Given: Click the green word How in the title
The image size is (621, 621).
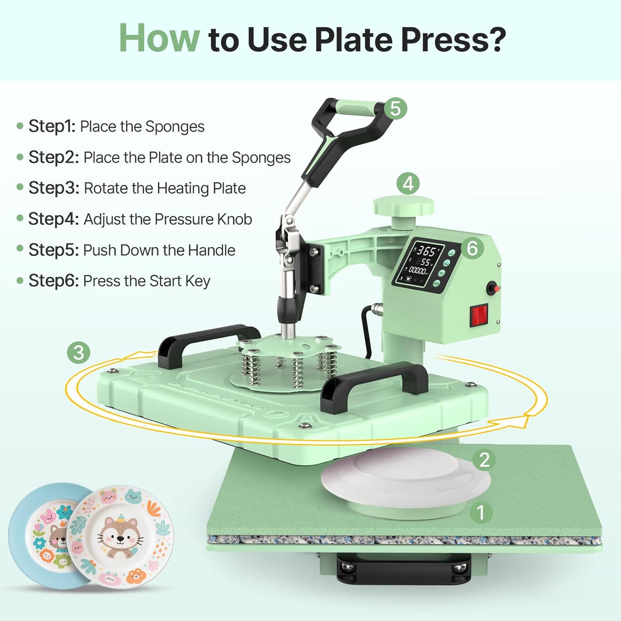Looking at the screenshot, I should [159, 39].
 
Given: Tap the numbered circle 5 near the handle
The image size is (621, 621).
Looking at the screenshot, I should [395, 108].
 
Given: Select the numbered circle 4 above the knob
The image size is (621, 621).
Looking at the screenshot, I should [408, 184].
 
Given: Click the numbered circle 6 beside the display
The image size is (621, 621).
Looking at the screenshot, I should [472, 248].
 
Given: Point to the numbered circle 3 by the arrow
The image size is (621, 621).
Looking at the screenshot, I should [79, 353].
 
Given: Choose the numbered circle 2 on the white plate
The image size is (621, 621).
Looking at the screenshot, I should [484, 460].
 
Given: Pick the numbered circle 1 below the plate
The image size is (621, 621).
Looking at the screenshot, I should [481, 513].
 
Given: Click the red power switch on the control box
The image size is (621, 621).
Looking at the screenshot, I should [479, 315].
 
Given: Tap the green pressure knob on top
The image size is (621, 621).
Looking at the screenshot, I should [404, 206].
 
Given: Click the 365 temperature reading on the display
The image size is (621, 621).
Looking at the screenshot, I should [426, 251].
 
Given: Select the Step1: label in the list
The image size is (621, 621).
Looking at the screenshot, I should [52, 126].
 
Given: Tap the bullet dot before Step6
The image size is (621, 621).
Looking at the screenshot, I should [20, 281].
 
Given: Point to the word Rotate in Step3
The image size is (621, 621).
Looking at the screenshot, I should [106, 188].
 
